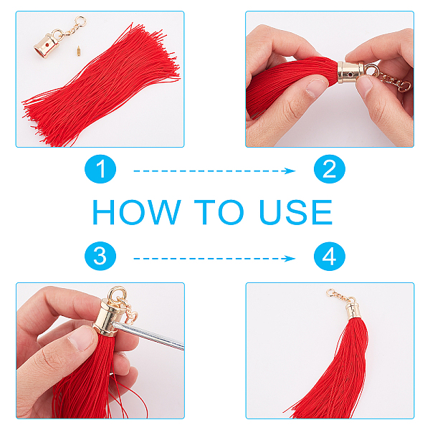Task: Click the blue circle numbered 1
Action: pos(100,169)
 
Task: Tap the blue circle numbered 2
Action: pos(330,169)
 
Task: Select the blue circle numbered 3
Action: pos(100,256)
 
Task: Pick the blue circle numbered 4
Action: pos(330,256)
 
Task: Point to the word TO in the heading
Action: pos(219,212)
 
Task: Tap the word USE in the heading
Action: pos(295,212)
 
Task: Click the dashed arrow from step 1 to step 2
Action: pos(214,171)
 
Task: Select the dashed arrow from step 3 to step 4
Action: pos(214,259)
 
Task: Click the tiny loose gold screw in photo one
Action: pos(78,51)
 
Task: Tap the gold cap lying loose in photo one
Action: pos(47,45)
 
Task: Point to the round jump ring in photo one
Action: pos(80,21)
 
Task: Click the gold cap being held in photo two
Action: pos(350,73)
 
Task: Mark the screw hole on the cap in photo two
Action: pos(350,74)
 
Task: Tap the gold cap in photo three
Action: pos(107,317)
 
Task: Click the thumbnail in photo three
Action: pos(82,338)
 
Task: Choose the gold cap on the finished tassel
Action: pos(352,310)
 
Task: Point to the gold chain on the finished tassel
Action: pos(340,295)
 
